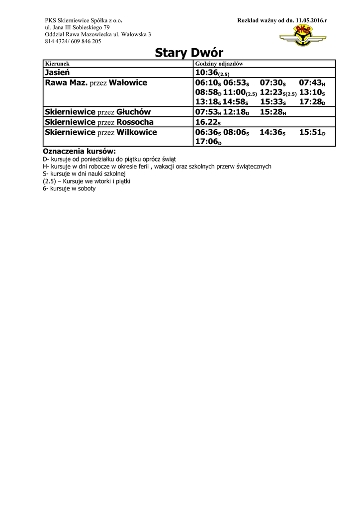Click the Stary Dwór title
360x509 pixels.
188,53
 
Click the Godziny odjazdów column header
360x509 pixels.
219,64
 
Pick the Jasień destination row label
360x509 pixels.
58,73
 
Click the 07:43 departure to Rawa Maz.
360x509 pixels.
312,83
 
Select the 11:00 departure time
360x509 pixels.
240,92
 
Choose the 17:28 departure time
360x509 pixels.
312,102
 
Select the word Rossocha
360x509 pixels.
135,122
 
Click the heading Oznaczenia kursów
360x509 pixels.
79,151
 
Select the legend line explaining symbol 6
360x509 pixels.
69,189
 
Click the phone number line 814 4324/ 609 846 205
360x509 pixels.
73,42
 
